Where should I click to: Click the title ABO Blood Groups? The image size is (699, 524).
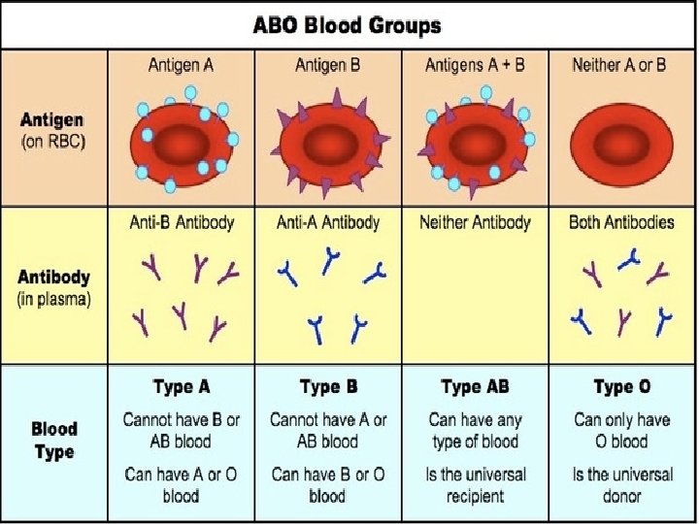click(348, 23)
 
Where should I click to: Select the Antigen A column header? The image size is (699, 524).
click(181, 66)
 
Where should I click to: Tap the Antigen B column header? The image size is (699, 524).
click(328, 66)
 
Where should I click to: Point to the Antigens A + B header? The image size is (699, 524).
click(475, 66)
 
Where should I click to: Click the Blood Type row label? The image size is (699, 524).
click(54, 440)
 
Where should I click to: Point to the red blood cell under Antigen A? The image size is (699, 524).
click(181, 139)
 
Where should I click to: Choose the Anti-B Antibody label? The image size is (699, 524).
click(182, 222)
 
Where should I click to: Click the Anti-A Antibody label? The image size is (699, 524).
click(328, 222)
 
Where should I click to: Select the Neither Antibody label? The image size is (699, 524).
click(475, 222)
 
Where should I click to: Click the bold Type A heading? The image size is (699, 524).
click(182, 387)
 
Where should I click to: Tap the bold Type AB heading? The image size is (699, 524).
click(475, 387)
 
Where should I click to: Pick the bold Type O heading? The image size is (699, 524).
click(621, 387)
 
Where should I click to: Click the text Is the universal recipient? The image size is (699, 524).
click(475, 485)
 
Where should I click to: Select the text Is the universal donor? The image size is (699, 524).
click(621, 485)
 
